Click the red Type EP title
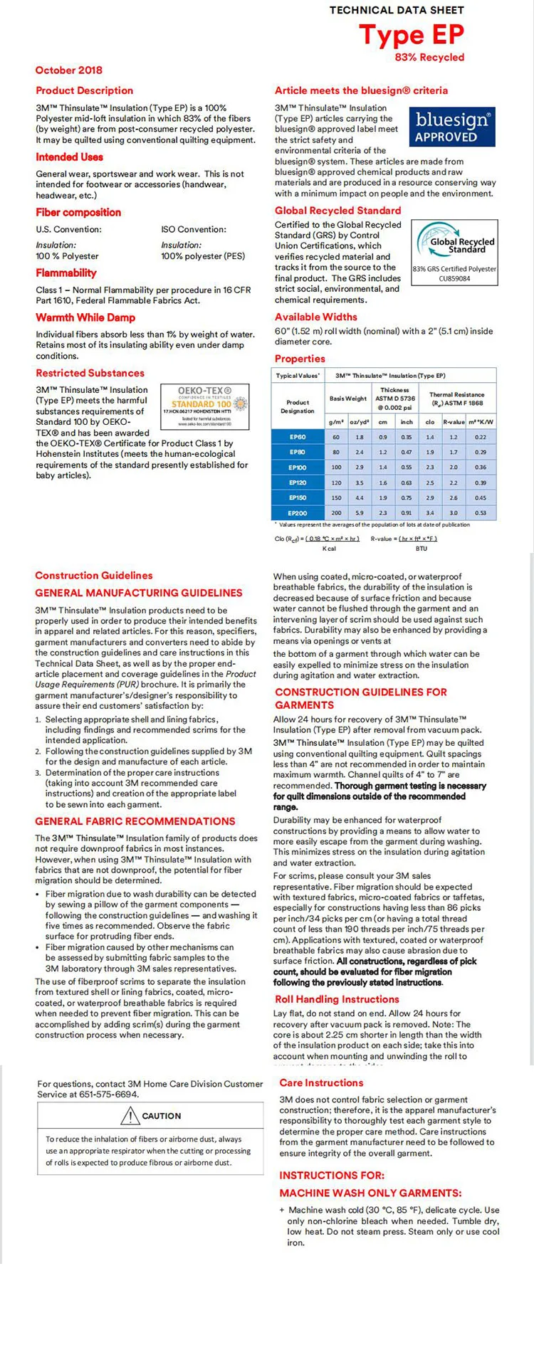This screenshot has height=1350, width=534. click(x=412, y=34)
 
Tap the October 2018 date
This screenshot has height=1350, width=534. click(x=69, y=70)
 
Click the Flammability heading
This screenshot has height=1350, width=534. click(x=66, y=273)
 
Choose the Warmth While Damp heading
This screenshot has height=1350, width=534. click(x=85, y=317)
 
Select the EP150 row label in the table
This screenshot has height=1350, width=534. click(x=298, y=497)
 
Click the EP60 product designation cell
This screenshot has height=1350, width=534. click(x=298, y=437)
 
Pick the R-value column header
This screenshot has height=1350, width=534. click(x=454, y=422)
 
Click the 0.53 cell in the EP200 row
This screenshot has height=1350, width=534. click(x=481, y=512)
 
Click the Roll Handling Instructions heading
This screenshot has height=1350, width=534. click(x=337, y=999)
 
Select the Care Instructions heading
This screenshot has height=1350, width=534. click(x=321, y=1082)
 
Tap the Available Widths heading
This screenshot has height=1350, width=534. click(x=316, y=317)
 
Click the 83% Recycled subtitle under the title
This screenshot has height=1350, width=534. click(x=429, y=58)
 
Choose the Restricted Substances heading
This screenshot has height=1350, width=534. click(x=90, y=373)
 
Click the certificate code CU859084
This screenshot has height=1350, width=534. click(x=454, y=279)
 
